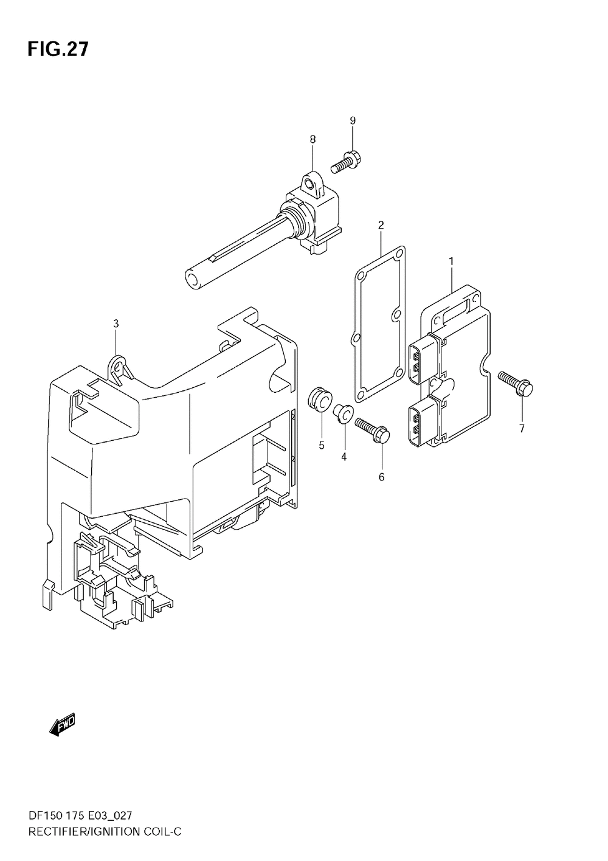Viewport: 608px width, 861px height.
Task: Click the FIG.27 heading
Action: (x=57, y=49)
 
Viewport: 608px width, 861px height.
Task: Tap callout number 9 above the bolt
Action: (x=352, y=121)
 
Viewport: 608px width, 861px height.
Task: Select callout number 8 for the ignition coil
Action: (x=313, y=140)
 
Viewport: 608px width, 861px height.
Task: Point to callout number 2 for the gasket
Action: (x=381, y=226)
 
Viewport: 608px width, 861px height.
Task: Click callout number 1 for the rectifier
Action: (x=451, y=261)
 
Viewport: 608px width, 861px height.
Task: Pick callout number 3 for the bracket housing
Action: (x=116, y=324)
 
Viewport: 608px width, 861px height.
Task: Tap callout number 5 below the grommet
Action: (x=322, y=445)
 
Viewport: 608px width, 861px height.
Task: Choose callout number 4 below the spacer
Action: (x=344, y=457)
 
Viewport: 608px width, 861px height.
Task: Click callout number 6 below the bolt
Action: (x=381, y=477)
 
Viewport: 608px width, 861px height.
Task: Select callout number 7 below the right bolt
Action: (x=521, y=429)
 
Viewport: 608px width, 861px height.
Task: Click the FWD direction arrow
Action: (x=61, y=724)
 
